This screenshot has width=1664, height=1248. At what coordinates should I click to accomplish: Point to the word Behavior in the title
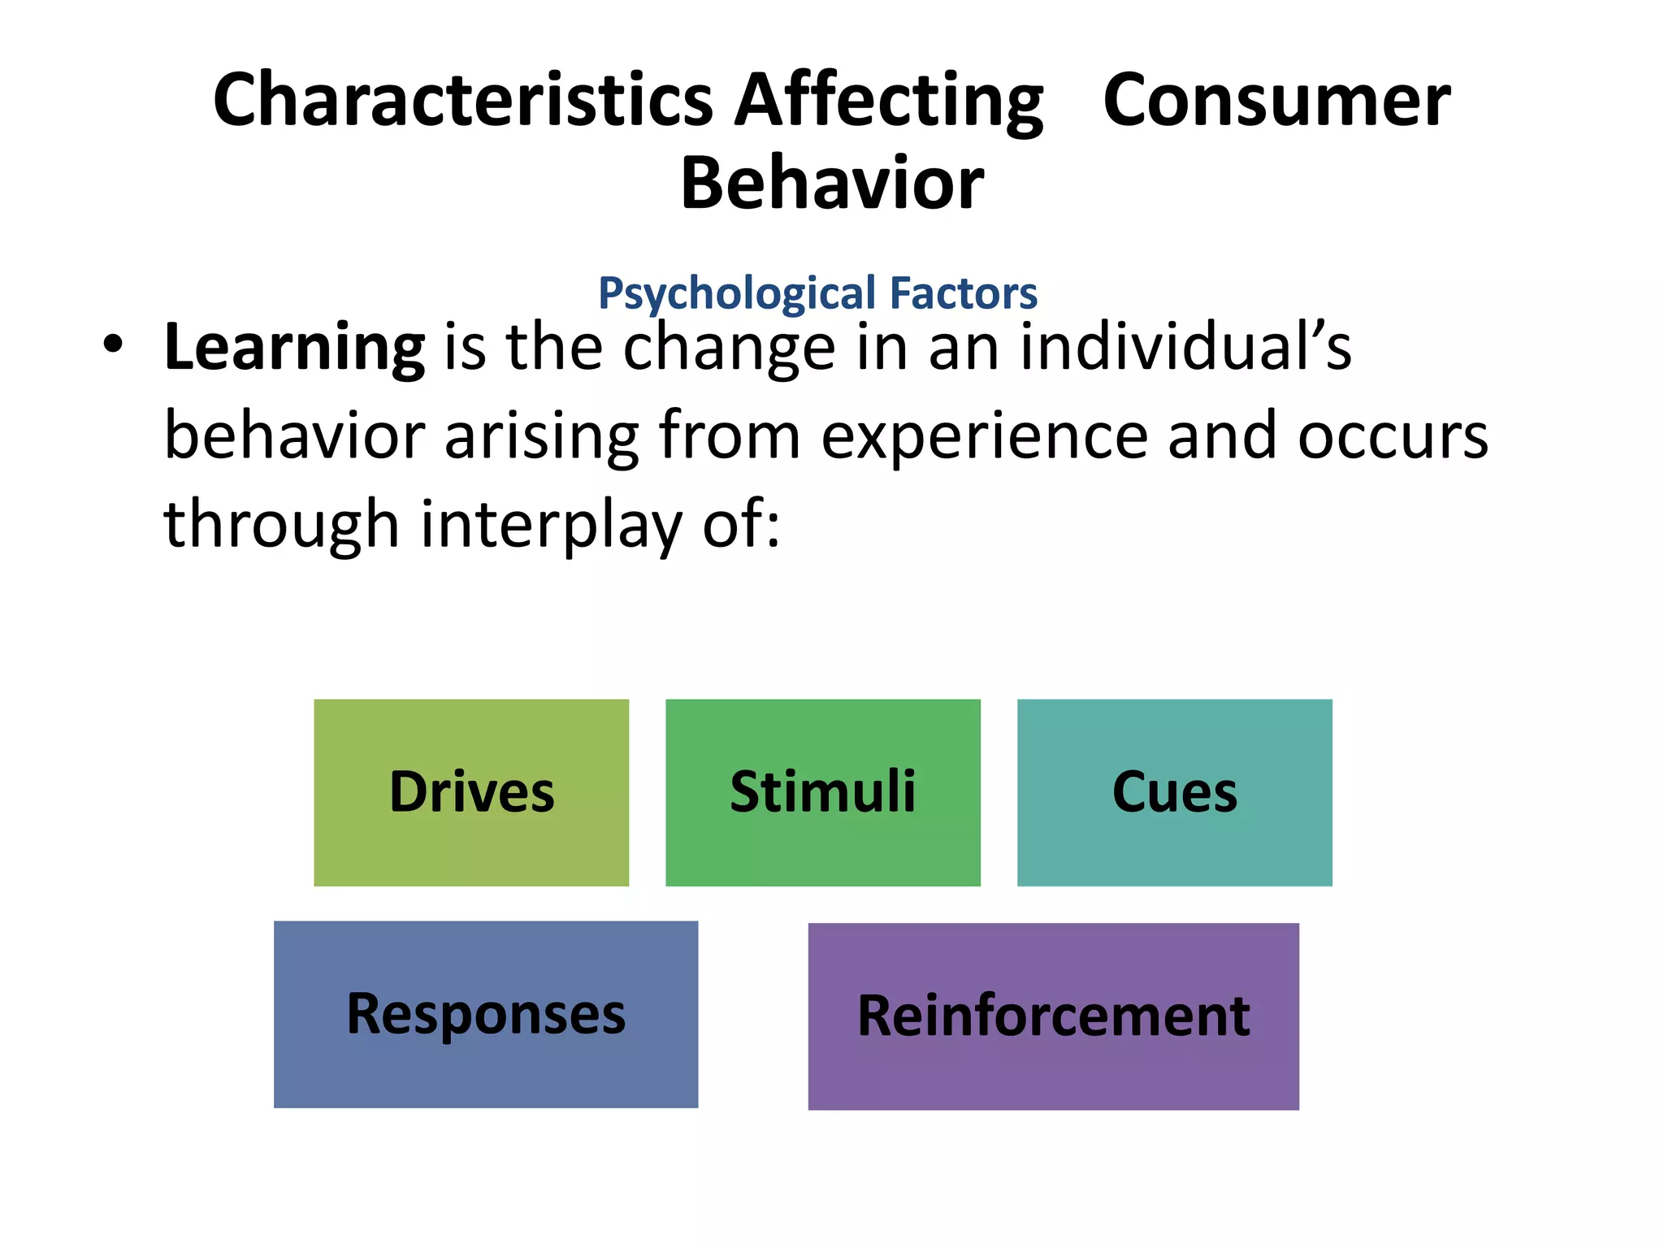pos(831,184)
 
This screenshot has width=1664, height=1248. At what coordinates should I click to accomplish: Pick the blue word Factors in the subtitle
pos(964,293)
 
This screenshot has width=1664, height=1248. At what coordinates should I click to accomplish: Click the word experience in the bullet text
pos(984,436)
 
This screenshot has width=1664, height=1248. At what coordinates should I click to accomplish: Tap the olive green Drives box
pos(471,792)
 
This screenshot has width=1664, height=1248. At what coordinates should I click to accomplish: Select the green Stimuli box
pos(822,792)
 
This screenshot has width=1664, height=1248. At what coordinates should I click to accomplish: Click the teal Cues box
pos(1174,792)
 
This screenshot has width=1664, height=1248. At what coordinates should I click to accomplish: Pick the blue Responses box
pos(486,1014)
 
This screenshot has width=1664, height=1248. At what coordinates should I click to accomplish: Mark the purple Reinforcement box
pos(1053,1016)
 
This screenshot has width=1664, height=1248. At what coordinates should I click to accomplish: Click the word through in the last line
pos(281,525)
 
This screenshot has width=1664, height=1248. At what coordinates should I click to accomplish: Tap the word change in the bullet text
pos(729,348)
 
